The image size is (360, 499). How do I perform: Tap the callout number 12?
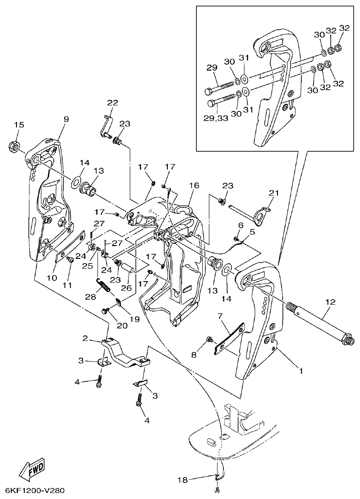330,302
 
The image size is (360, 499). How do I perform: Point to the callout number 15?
18,125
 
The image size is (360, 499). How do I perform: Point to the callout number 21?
273,193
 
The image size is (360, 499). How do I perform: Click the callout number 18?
183,480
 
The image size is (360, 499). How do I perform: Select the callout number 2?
85,338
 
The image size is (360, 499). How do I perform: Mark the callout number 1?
301,371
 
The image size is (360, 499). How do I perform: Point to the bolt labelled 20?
105,311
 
